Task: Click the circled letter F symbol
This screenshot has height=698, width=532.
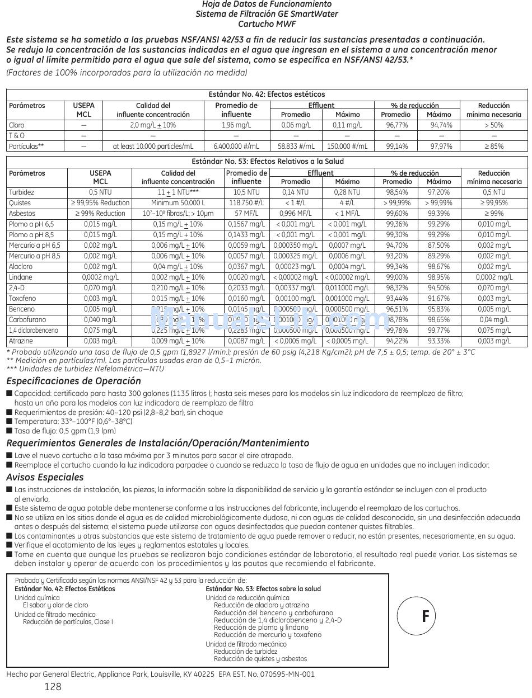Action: pos(425,616)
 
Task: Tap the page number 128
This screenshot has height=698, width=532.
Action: pos(53,687)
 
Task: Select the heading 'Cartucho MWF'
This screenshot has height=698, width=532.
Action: pos(267,24)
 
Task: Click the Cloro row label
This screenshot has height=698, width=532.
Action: pos(17,125)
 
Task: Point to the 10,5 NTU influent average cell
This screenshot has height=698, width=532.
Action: pos(246,192)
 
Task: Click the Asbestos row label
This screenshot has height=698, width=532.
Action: pos(22,214)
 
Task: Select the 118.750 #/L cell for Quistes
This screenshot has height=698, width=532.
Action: pos(246,203)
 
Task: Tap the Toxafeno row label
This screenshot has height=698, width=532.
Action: pos(22,299)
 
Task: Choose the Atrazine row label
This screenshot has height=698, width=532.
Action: pos(21,341)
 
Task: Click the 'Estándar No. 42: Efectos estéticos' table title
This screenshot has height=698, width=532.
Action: pos(267,95)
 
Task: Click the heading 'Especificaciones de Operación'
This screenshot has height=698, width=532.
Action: pos(73,381)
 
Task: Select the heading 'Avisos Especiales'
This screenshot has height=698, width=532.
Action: pos(45,477)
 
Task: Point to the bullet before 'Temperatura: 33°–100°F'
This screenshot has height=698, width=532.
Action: pos(9,422)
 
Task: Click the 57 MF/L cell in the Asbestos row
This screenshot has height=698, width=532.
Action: pos(246,214)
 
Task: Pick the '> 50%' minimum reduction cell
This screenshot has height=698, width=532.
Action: pos(493,125)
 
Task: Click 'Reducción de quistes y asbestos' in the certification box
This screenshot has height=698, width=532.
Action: pos(260,659)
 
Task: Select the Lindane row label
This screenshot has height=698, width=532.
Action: pos(21,277)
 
